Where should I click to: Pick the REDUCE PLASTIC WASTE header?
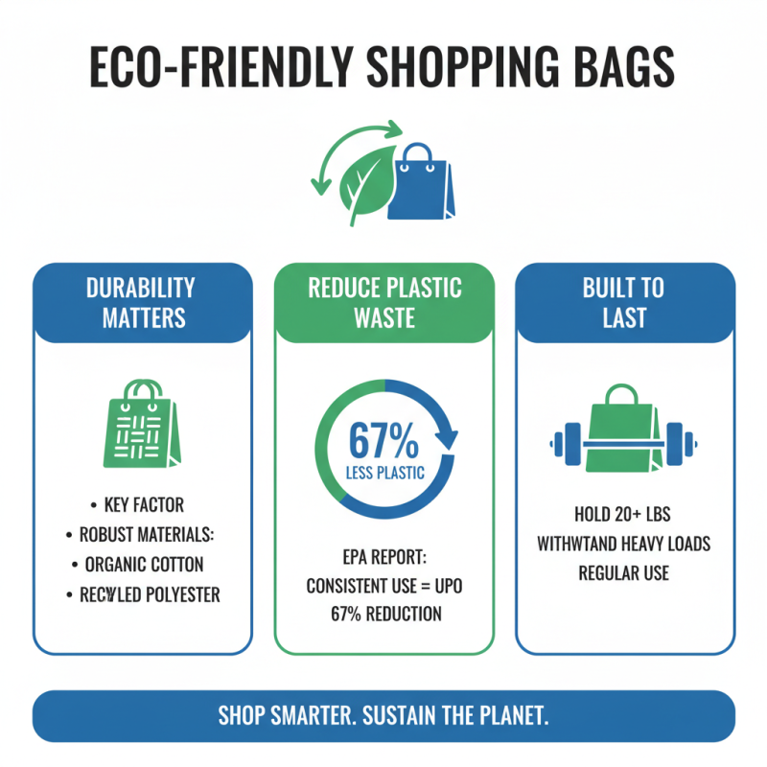click(384, 302)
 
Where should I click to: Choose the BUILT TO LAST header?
click(624, 302)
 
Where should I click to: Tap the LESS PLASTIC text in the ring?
click(383, 472)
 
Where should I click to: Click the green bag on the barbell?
click(623, 433)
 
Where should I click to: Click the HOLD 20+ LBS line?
click(623, 514)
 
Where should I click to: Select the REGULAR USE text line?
click(623, 573)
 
